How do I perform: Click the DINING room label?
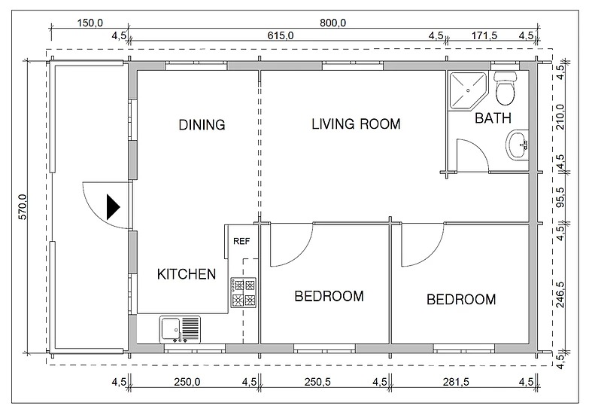(x=202, y=125)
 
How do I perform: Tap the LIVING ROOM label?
(x=356, y=124)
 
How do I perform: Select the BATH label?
(x=493, y=118)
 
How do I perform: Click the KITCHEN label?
(x=187, y=274)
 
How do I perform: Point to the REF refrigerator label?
(x=241, y=242)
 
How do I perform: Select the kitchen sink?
(x=179, y=330)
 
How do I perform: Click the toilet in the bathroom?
(x=505, y=87)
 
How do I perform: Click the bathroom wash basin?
(x=518, y=145)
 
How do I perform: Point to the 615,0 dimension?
(x=279, y=35)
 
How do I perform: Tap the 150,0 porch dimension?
(x=90, y=23)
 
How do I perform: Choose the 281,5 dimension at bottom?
(x=463, y=382)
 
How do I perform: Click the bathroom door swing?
(x=469, y=154)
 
